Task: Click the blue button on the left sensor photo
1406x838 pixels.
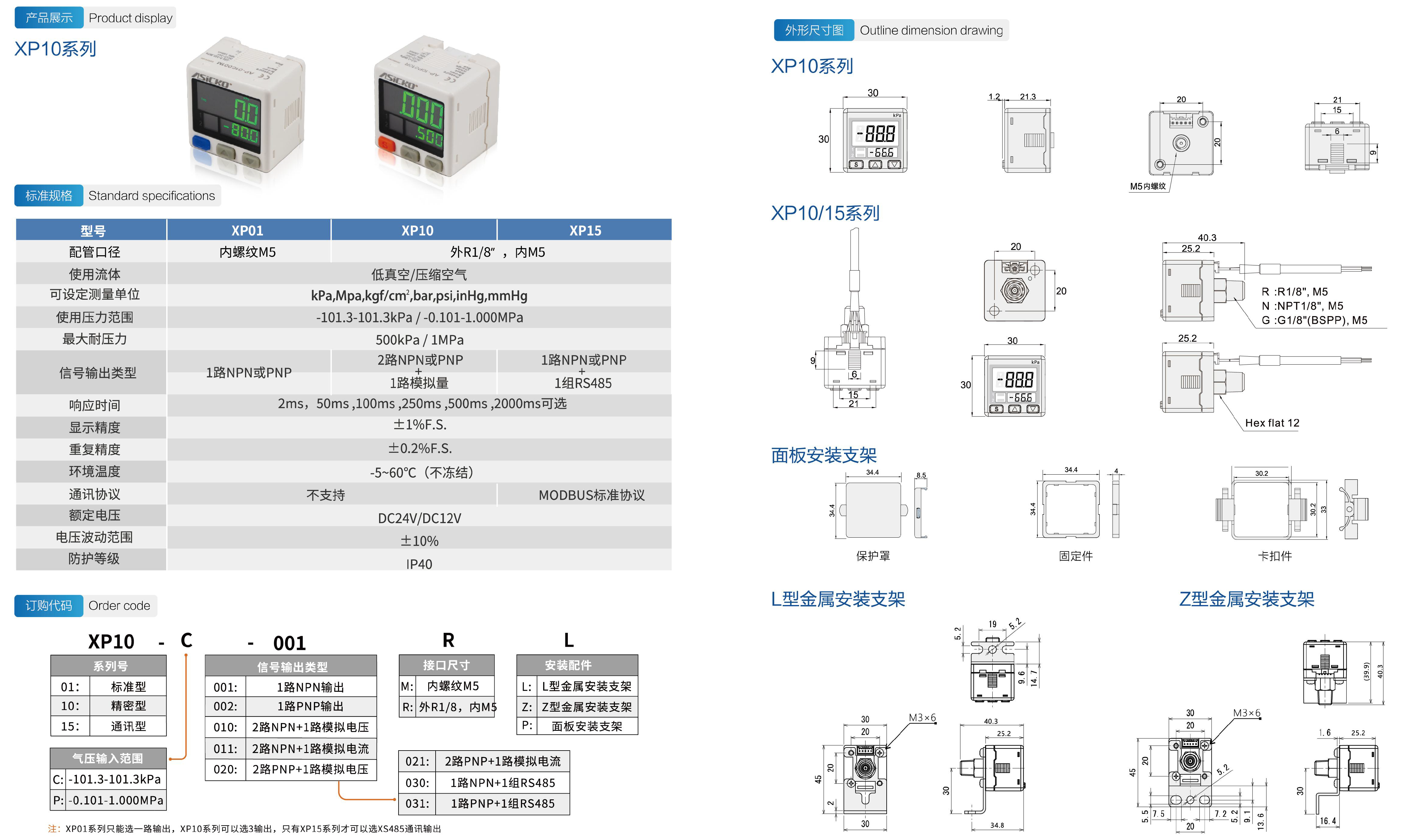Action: pos(201,143)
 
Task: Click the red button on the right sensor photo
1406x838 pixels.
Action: pos(386,143)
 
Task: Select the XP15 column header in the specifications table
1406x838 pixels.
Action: pos(585,231)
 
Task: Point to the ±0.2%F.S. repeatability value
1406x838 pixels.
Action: pos(419,448)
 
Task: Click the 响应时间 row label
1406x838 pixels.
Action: pos(94,405)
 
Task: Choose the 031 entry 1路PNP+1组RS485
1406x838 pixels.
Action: pos(484,803)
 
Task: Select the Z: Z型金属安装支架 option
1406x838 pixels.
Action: pos(577,706)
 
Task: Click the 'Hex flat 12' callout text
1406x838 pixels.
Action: pos(1272,423)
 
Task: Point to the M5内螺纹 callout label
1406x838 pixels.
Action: pos(1147,186)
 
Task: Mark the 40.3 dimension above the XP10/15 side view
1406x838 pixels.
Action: pos(1207,238)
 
